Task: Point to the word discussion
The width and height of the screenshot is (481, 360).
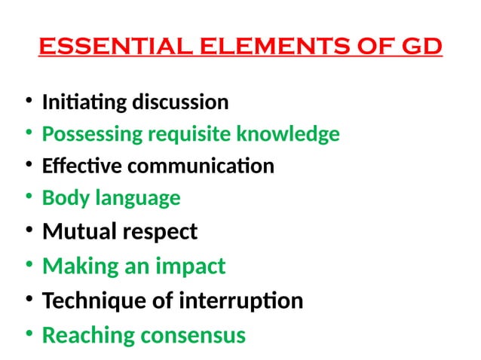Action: point(182,102)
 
